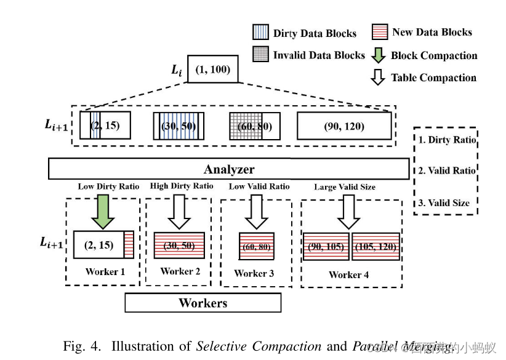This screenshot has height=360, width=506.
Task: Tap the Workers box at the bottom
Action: coord(203,303)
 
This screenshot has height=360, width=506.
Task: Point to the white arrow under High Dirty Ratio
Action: coord(180,210)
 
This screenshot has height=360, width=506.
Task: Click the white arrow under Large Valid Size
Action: coord(349,210)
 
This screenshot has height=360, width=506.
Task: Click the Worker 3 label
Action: coord(254,273)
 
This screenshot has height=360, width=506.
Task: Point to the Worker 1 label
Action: coord(105,272)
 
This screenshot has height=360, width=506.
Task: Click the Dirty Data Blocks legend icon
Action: coord(261,33)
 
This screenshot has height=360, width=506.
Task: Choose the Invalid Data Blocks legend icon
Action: coord(261,54)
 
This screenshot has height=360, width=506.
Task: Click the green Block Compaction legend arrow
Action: coord(380,55)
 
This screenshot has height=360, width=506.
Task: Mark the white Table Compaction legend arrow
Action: coord(380,78)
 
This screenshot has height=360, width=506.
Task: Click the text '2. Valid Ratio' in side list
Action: coord(447,170)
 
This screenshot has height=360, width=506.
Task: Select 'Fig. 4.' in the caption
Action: coord(82,346)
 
